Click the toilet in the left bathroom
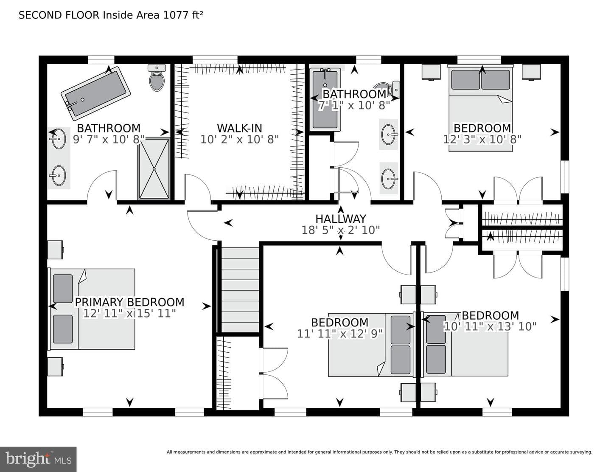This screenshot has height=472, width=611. [x=157, y=78]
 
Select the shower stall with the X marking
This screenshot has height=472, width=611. [x=154, y=168]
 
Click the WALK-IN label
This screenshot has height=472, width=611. [x=239, y=128]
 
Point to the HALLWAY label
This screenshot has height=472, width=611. [x=341, y=219]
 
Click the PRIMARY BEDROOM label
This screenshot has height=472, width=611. [x=129, y=302]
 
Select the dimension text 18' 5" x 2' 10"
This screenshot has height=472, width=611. [x=341, y=230]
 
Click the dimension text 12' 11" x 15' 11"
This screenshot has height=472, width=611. [x=129, y=313]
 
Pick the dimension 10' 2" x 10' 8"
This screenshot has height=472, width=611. [x=239, y=139]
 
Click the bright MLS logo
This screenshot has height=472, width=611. [x=38, y=459]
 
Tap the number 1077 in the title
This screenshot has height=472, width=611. [x=176, y=15]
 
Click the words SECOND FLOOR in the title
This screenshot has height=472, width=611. [x=59, y=15]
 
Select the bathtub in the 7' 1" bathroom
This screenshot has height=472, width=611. [x=325, y=100]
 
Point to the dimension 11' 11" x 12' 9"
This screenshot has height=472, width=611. [x=340, y=334]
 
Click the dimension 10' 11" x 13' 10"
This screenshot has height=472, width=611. [x=490, y=326]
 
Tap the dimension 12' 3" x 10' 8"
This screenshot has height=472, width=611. [x=482, y=139]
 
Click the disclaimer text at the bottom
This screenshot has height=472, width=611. [x=380, y=452]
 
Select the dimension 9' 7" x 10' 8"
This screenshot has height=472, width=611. [x=109, y=139]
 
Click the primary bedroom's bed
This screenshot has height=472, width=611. [x=91, y=309]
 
